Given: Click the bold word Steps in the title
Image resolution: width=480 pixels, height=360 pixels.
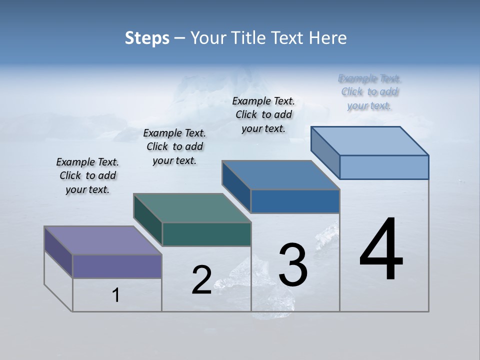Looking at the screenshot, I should tap(147, 38).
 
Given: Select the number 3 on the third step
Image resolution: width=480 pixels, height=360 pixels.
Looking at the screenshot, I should tap(292, 265).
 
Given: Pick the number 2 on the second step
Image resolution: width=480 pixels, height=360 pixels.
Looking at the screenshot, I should tap(201, 280).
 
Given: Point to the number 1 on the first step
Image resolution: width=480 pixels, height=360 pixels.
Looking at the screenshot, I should tap(116, 295).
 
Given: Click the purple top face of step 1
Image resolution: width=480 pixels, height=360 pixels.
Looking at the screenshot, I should tap(102, 240).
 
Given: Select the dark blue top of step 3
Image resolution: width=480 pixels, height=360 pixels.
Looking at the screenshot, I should tap(281, 175).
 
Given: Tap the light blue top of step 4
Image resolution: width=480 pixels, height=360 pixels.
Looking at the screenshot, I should tap(370, 141).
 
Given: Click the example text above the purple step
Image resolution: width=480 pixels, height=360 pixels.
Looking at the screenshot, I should tap(87, 175).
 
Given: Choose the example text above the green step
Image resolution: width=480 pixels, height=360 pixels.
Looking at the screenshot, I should tap(174, 146).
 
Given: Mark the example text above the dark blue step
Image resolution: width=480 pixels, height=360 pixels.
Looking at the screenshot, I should tap(263, 114).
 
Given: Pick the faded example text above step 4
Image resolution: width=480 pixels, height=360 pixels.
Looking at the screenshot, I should tap(369, 92).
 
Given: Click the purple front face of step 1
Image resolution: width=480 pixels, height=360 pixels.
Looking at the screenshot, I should tap(117, 266).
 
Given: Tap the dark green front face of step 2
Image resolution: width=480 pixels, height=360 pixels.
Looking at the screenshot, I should tap(206, 234).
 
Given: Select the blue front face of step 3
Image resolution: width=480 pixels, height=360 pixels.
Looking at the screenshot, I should tap(295, 201).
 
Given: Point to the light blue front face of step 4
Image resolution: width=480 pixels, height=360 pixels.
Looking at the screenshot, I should tap(384, 167).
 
